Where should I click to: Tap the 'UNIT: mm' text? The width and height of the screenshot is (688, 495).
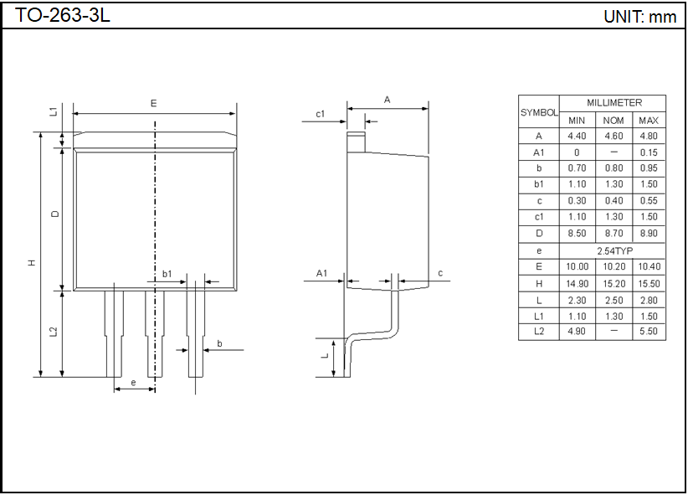639,17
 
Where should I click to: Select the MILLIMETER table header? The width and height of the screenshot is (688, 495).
614,103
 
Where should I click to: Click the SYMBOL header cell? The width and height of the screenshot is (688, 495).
539,112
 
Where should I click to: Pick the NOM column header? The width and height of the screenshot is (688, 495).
614,121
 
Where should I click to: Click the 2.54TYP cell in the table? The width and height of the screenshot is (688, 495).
614,250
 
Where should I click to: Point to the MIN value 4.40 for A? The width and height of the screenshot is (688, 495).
577,137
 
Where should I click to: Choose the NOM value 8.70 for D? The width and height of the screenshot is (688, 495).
614,234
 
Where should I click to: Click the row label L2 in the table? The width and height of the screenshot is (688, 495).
539,332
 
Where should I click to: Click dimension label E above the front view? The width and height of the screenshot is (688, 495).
153,103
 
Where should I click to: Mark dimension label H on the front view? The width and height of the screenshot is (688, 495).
32,262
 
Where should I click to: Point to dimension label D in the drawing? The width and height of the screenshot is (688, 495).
54,214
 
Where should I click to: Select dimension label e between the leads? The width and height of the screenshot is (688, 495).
134,383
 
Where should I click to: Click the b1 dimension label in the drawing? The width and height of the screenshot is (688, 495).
167,274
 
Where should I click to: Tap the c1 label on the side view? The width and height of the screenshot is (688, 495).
320,114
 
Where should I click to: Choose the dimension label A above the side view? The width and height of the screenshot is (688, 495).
387,100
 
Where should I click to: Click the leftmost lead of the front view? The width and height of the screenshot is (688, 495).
114,333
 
